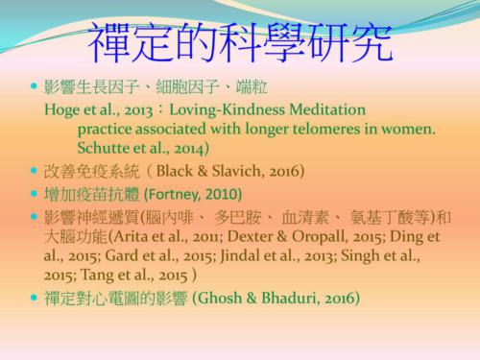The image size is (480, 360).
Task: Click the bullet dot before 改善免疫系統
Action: click(x=34, y=173)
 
